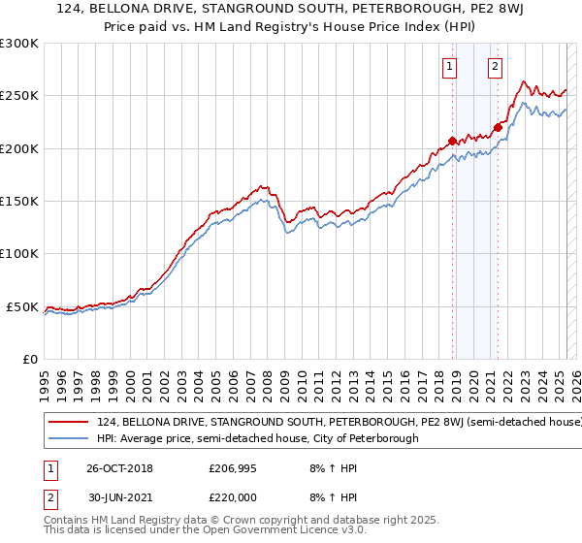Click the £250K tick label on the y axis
point(19,96)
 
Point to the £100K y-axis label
point(19,253)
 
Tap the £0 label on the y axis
point(29,359)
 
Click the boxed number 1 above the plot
point(451,67)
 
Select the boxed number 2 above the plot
point(495,67)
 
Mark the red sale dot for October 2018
point(452,142)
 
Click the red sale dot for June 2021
point(498,127)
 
